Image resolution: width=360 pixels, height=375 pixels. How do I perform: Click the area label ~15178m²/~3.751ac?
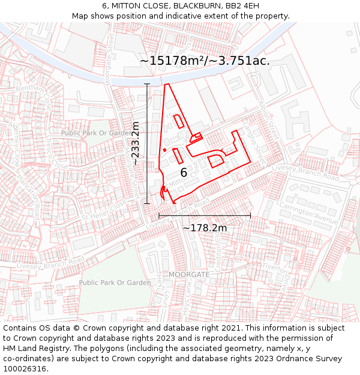(x=205, y=61)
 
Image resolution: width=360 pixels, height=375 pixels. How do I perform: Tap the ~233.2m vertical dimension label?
(x=136, y=143)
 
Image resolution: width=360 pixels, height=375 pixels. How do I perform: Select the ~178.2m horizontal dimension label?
(x=205, y=227)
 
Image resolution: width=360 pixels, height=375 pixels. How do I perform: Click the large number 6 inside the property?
(x=184, y=173)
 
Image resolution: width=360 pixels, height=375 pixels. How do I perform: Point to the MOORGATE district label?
(x=189, y=274)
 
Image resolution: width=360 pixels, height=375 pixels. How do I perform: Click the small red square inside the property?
(x=164, y=150)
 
